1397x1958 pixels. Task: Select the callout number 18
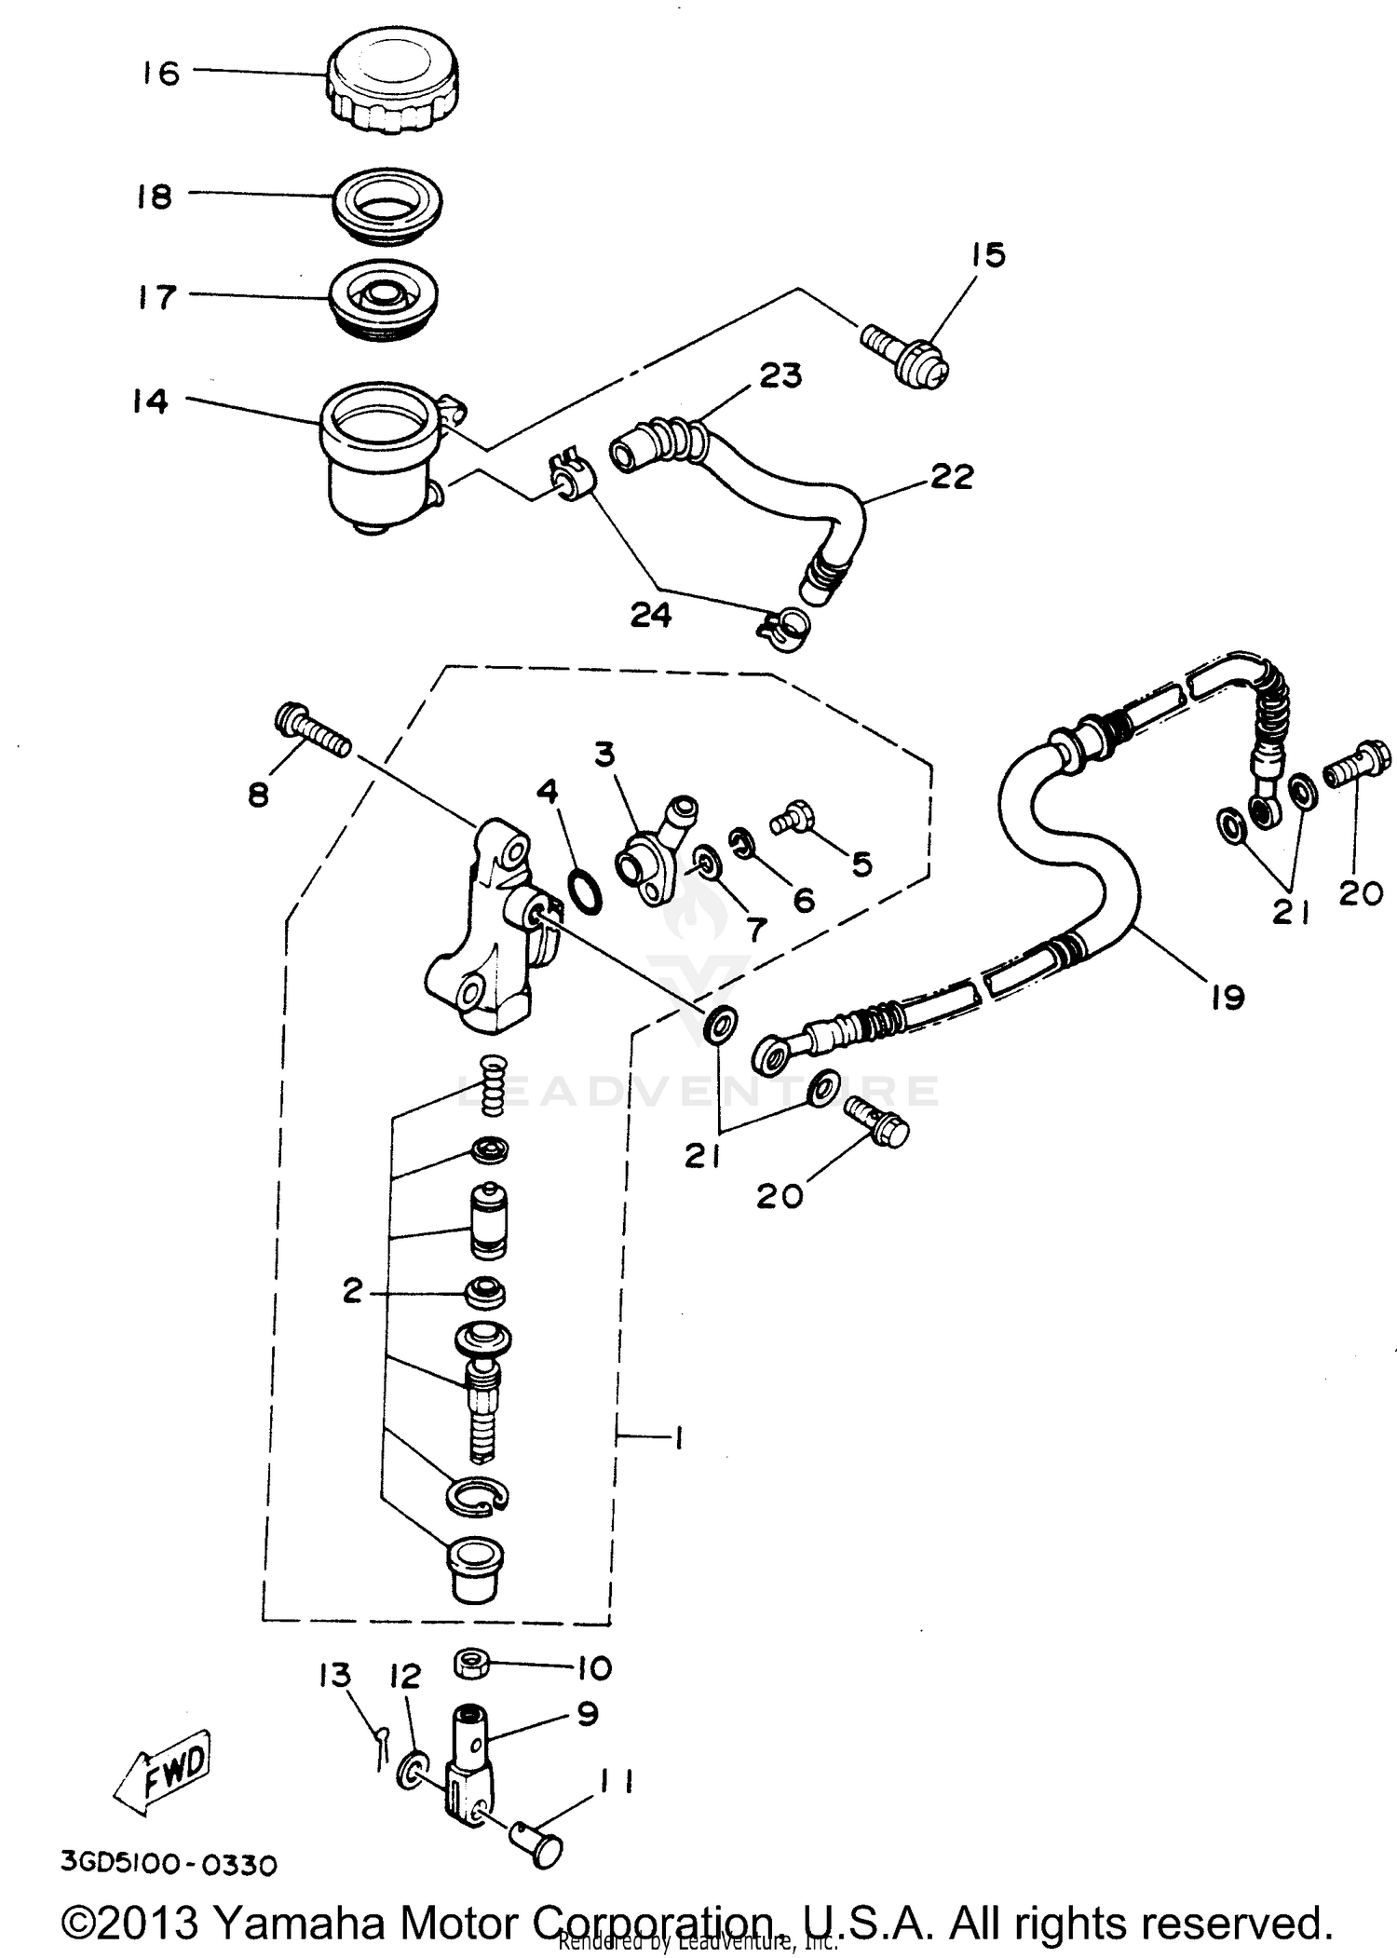pyautogui.click(x=155, y=197)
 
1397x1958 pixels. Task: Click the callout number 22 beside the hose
pyautogui.click(x=951, y=477)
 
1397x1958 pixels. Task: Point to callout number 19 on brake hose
pyautogui.click(x=1227, y=998)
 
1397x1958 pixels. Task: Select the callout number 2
pyautogui.click(x=352, y=1291)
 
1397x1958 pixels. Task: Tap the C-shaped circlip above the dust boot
pyautogui.click(x=478, y=1496)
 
